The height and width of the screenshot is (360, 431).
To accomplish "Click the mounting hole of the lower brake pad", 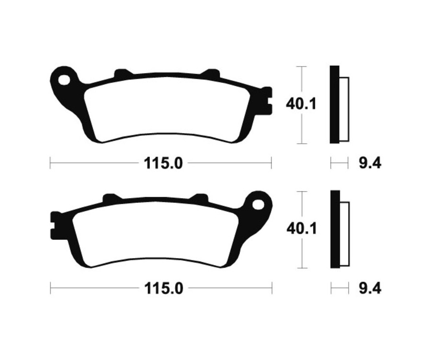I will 259,205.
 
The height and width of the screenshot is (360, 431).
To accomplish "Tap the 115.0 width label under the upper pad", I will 163,164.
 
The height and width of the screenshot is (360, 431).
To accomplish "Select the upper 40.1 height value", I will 301,104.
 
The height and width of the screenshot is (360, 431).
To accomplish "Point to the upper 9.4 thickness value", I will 370,164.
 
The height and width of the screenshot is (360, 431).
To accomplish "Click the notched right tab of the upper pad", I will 267,101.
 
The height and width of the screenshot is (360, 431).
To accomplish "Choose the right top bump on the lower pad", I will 199,198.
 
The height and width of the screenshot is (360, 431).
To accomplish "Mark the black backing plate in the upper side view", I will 334,104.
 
